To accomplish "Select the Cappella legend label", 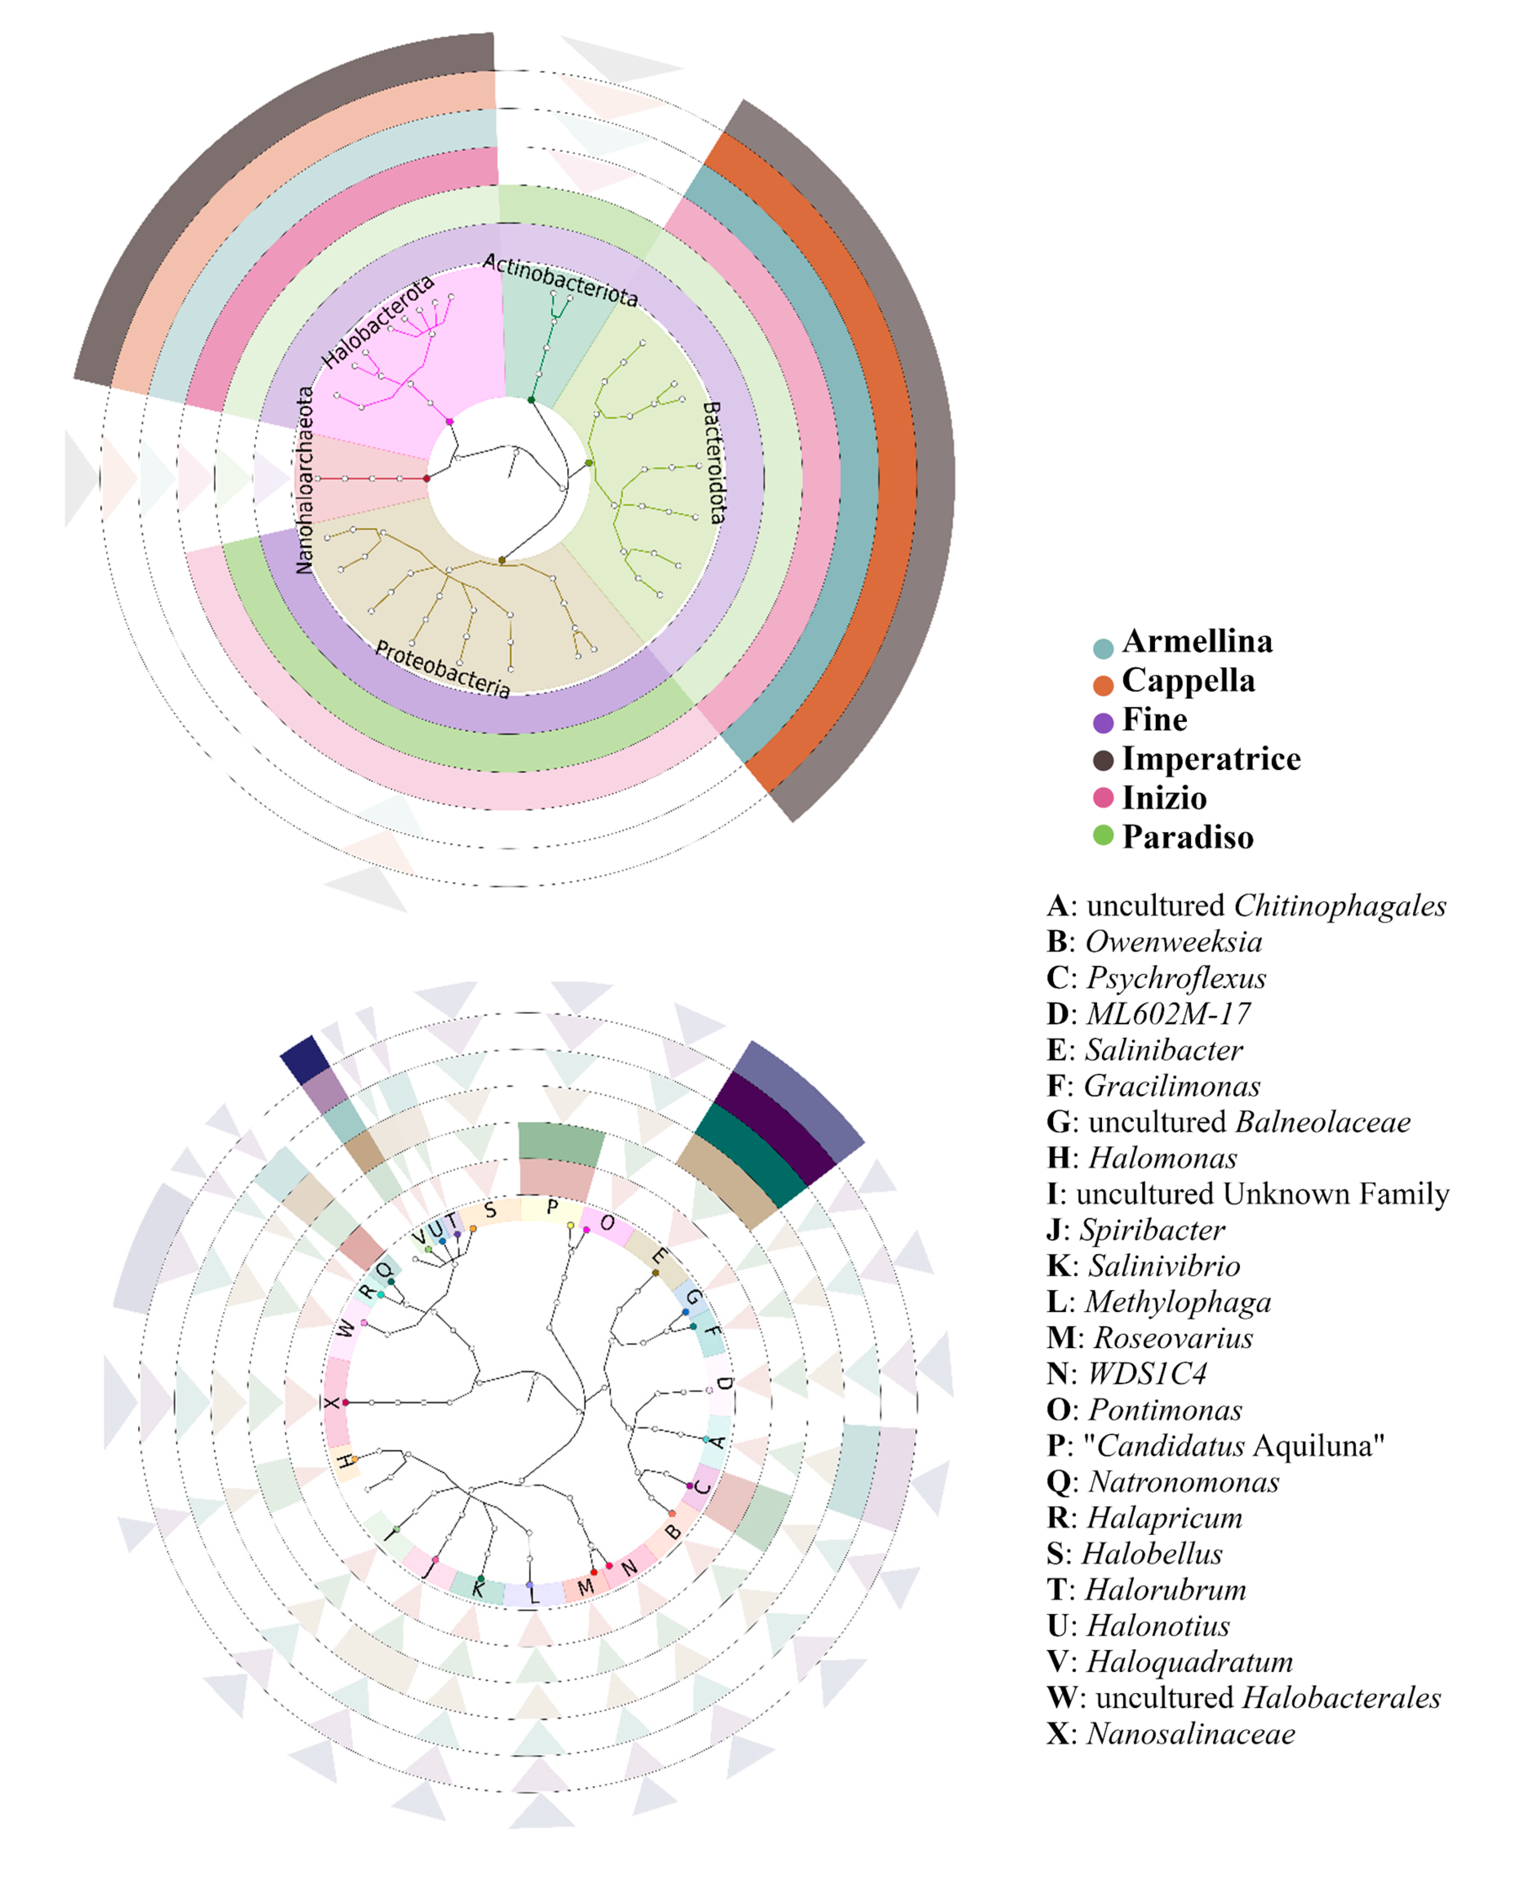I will tap(1188, 680).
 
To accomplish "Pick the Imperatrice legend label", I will tap(1211, 759).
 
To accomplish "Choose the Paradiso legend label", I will tap(1188, 837).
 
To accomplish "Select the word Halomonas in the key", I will tap(1162, 1158).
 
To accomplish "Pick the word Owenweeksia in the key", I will tap(1174, 941).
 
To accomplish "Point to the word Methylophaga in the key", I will tap(1178, 1302).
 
